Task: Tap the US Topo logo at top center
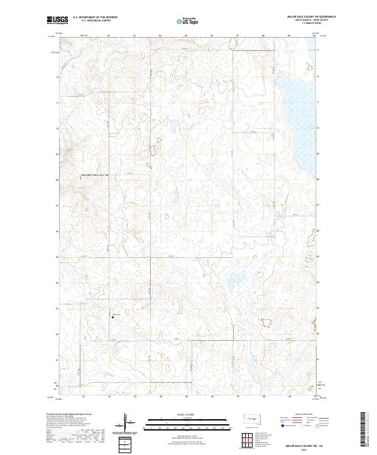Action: tap(186, 21)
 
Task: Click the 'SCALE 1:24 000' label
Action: tap(186, 414)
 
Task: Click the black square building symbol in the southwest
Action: tap(112, 318)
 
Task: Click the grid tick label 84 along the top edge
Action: tap(160, 36)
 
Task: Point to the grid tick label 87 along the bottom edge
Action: tap(238, 397)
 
